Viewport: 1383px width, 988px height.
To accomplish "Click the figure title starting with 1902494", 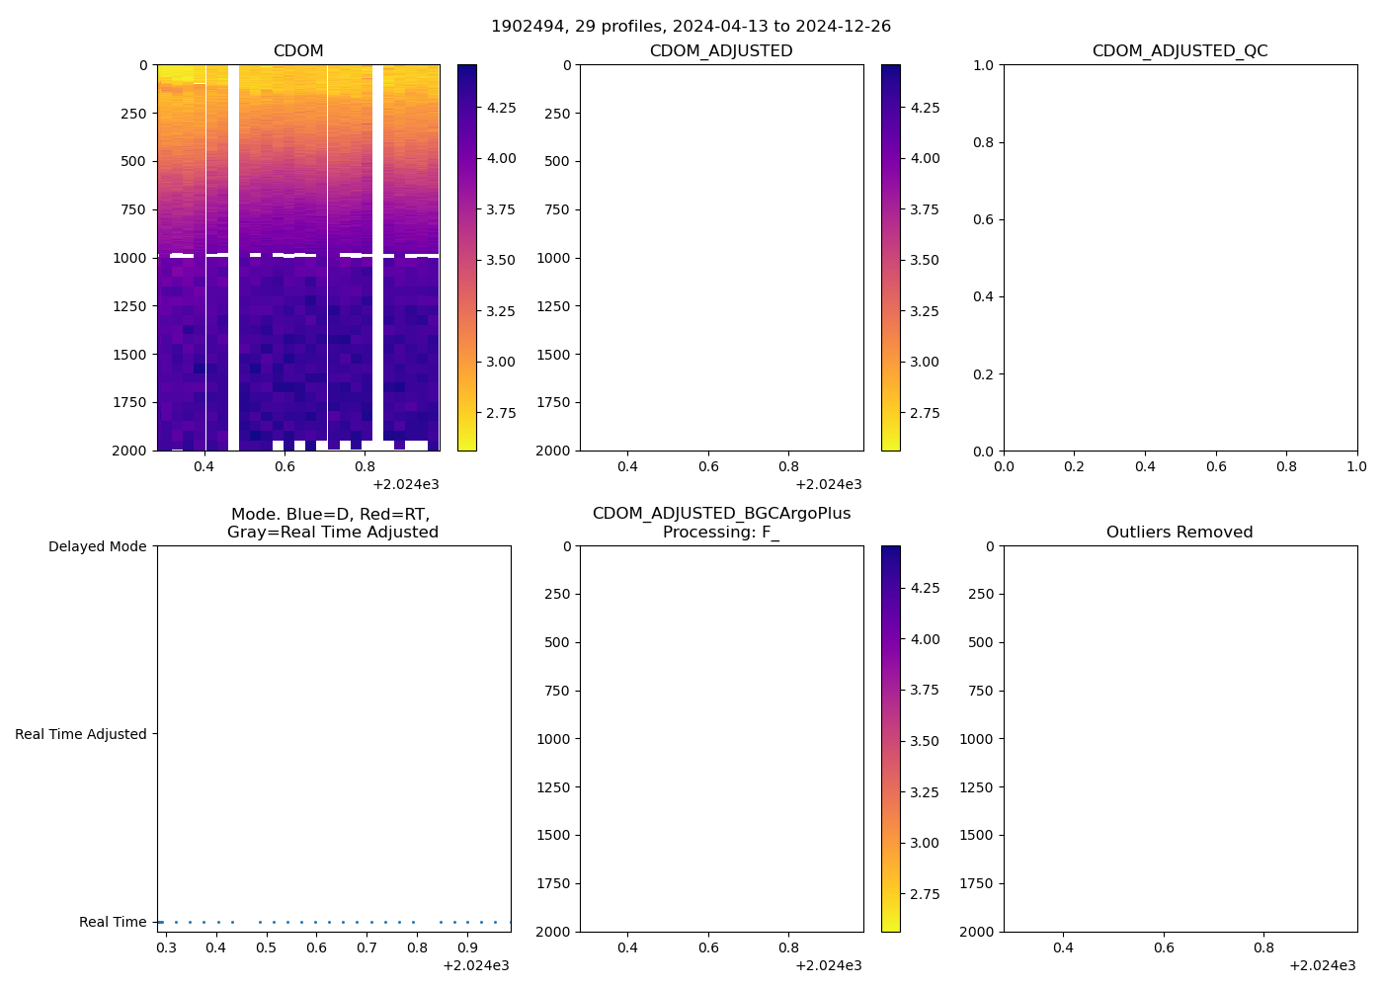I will [691, 26].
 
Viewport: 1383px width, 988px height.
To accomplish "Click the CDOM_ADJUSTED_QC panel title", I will [1180, 50].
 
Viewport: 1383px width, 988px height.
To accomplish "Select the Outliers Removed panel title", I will [1180, 532].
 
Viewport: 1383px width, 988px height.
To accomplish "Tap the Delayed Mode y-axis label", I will [97, 546].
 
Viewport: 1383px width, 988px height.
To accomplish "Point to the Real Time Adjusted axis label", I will [80, 734].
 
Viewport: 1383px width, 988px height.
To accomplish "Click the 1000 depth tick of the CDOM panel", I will [130, 258].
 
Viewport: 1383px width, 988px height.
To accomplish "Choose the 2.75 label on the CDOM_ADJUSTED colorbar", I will [925, 413].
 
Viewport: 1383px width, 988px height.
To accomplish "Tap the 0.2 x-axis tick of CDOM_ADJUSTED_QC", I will [1074, 466].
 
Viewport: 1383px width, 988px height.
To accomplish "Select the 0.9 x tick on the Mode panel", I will [467, 948].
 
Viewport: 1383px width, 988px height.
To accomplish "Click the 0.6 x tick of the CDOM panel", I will [285, 466].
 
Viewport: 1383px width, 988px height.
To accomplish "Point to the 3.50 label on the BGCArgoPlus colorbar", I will [925, 741].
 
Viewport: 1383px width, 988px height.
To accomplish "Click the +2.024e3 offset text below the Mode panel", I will [476, 965].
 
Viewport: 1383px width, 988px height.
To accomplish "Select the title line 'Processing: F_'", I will [721, 532].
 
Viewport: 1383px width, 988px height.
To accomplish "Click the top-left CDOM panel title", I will [298, 50].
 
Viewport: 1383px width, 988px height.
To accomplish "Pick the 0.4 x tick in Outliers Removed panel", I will [1063, 948].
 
